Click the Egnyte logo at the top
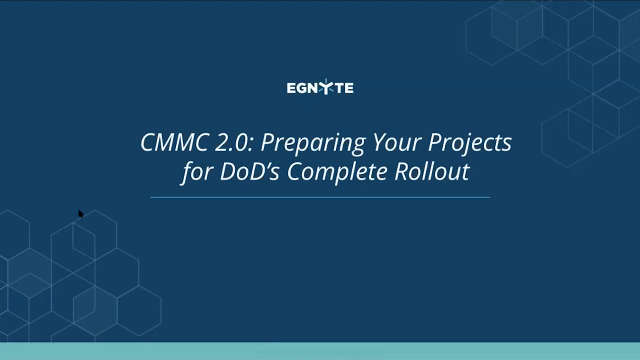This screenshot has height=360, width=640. pyautogui.click(x=319, y=88)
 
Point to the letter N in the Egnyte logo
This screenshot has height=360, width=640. pyautogui.click(x=313, y=88)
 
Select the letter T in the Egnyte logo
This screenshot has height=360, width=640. pyautogui.click(x=337, y=88)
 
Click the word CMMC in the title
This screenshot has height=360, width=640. pyautogui.click(x=169, y=143)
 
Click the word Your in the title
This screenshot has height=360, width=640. pyautogui.click(x=370, y=143)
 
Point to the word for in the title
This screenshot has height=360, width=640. pyautogui.click(x=194, y=172)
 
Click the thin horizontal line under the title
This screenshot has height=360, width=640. pyautogui.click(x=320, y=197)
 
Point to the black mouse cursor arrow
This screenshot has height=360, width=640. pyautogui.click(x=81, y=213)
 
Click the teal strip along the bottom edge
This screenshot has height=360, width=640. pyautogui.click(x=320, y=351)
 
